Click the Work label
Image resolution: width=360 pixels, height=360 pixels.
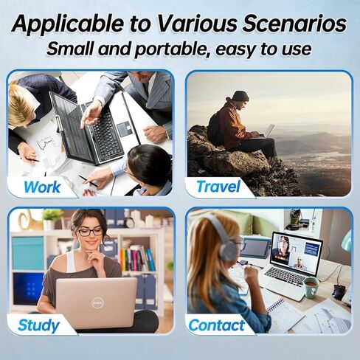42,186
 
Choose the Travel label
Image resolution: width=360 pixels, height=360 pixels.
219,186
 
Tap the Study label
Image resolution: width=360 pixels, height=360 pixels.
38,324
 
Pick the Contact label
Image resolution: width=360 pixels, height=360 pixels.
216,324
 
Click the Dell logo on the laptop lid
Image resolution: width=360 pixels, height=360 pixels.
96,302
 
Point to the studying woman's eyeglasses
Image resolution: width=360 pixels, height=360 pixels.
91,232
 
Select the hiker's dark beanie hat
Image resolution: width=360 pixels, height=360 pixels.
241,96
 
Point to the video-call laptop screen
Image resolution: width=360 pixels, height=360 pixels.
295,252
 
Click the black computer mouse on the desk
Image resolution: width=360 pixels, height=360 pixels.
339,291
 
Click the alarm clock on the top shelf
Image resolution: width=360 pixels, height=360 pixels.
131,221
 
